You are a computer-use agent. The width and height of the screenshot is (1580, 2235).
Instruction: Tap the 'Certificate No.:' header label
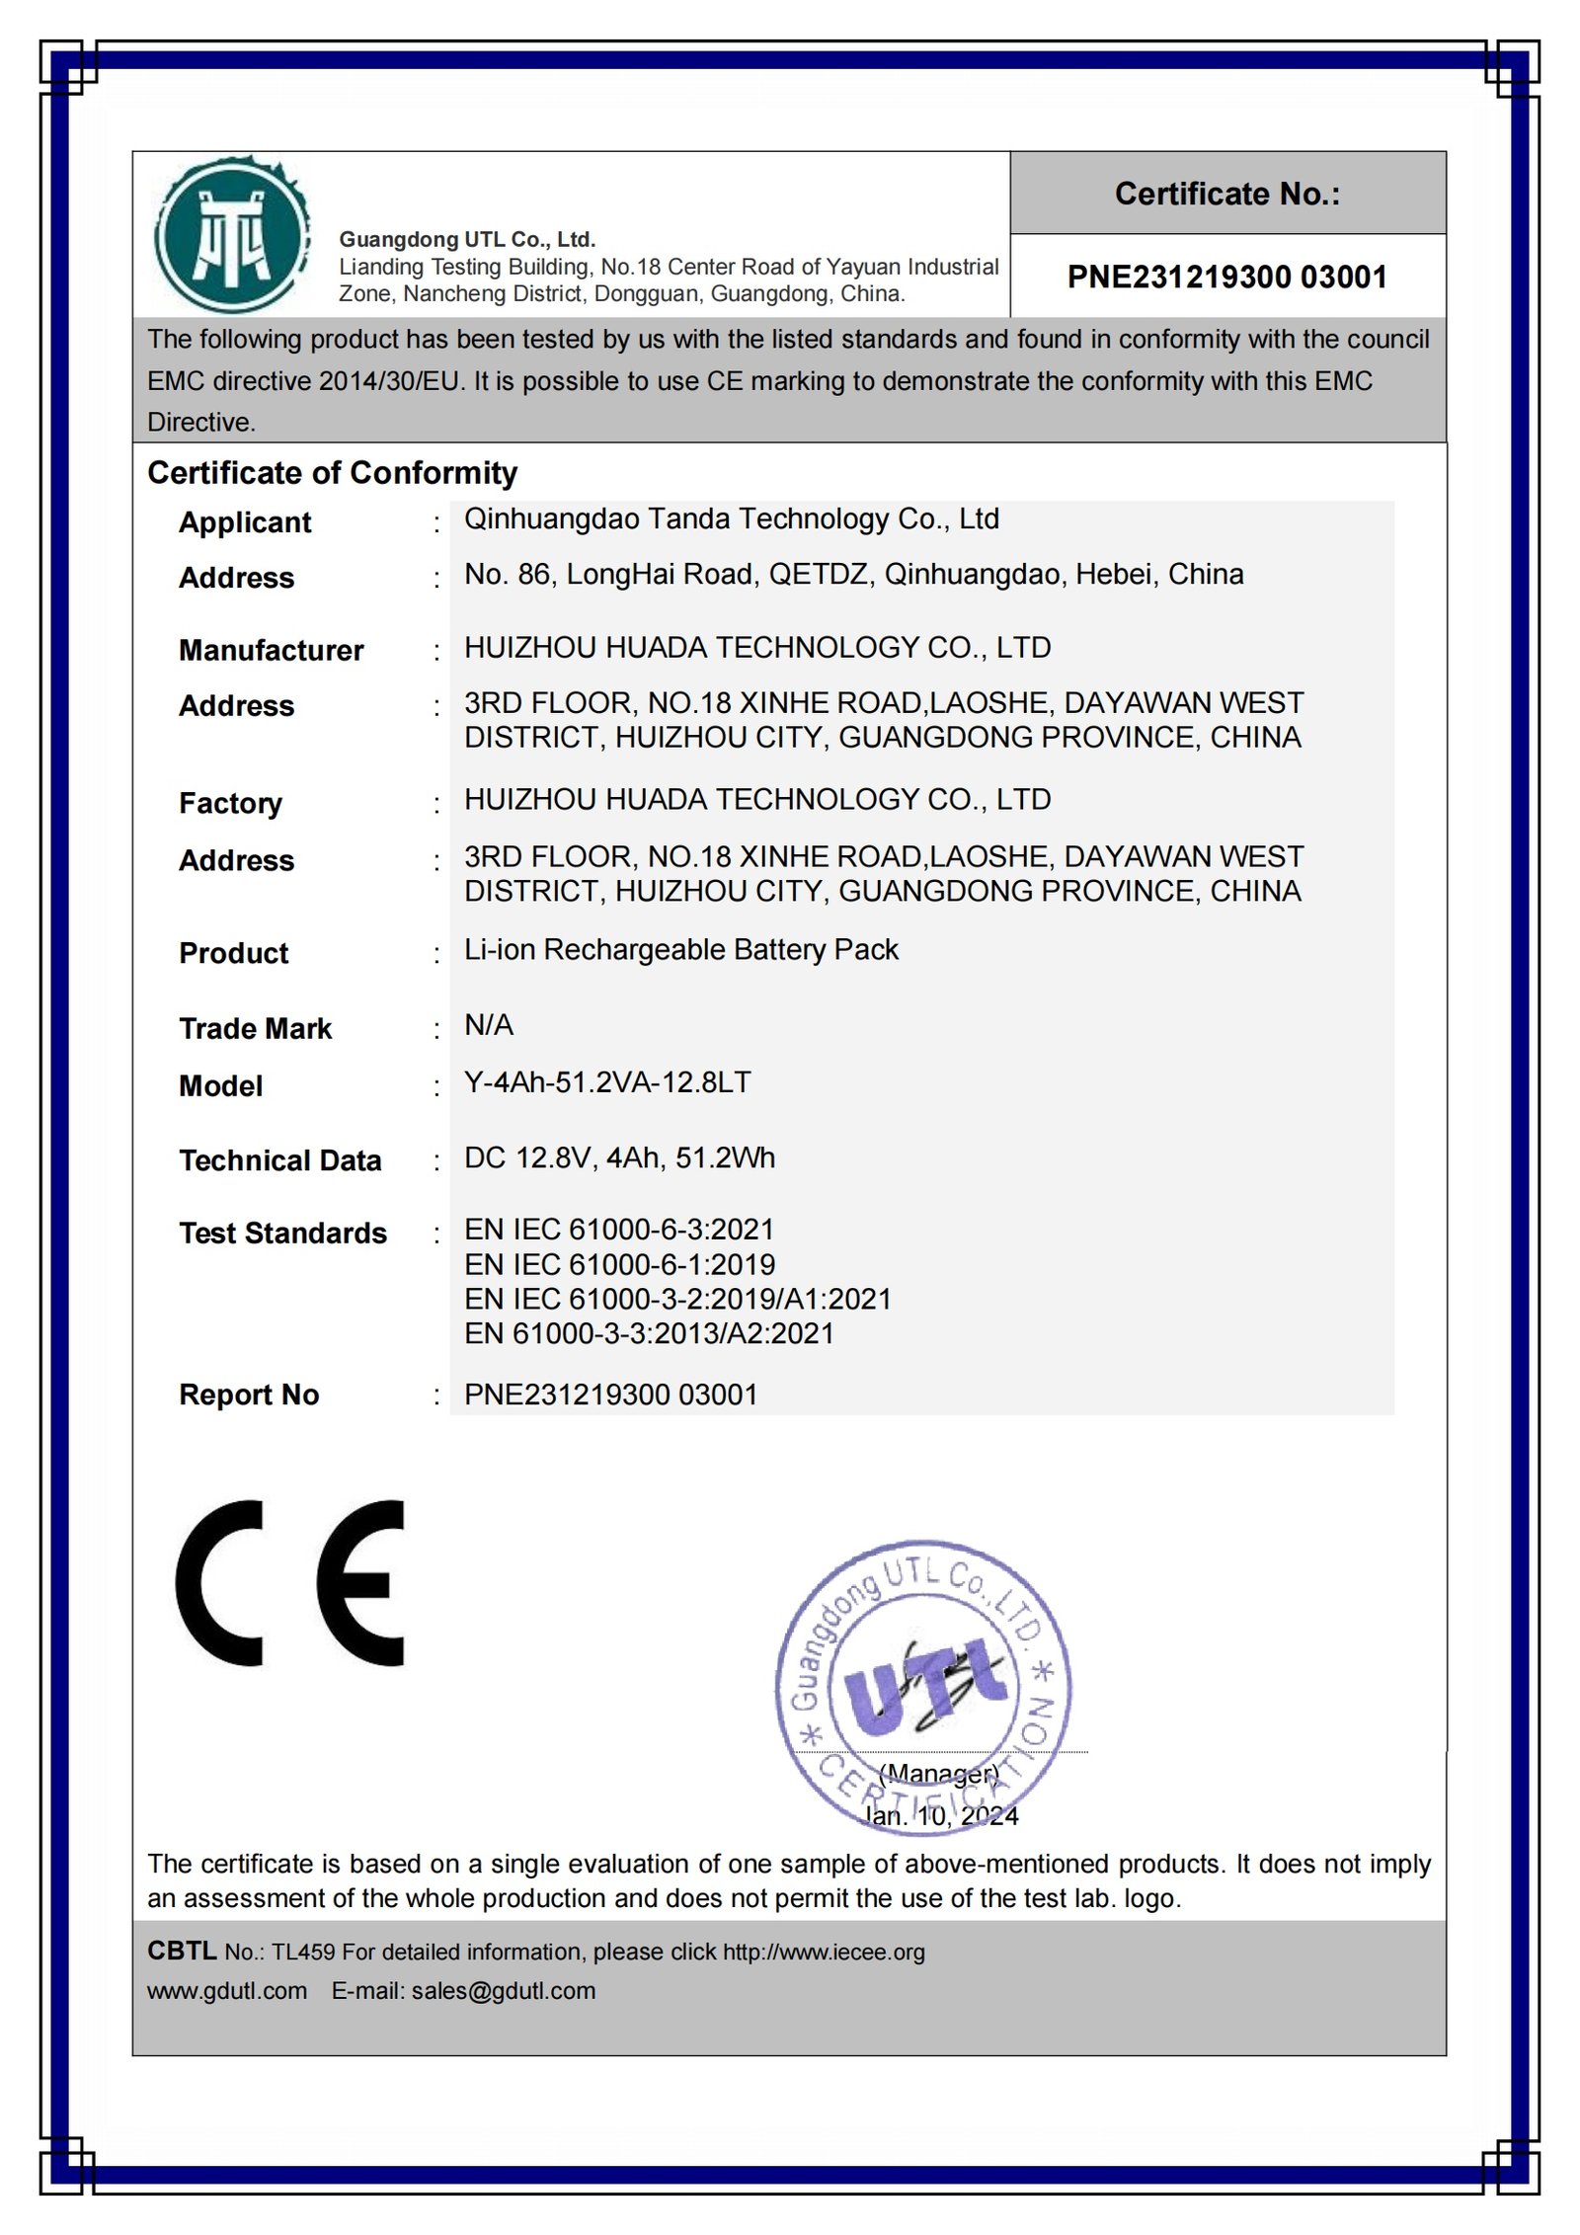click(x=1226, y=195)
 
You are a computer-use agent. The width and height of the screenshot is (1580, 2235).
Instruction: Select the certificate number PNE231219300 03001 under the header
click(x=1226, y=278)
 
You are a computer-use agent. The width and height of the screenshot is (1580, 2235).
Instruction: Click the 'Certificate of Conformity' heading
click(x=332, y=473)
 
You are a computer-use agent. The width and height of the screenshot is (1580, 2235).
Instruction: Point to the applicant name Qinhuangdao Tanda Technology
click(x=731, y=519)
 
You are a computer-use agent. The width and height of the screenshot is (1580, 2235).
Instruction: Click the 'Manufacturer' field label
click(x=271, y=651)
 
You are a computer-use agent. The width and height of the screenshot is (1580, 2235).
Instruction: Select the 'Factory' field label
click(x=230, y=803)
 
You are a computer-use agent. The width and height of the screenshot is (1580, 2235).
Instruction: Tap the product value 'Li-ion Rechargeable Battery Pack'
click(x=681, y=950)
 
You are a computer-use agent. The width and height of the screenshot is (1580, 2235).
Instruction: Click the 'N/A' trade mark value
click(x=489, y=1025)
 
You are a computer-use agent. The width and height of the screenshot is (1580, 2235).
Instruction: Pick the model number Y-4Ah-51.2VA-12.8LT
click(x=607, y=1082)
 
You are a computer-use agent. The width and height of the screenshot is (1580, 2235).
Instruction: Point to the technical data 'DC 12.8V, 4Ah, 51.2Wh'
click(x=619, y=1157)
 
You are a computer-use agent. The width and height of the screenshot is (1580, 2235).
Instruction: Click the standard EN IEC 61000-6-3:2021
click(x=619, y=1230)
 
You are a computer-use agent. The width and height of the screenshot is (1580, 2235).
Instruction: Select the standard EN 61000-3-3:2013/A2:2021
click(x=649, y=1334)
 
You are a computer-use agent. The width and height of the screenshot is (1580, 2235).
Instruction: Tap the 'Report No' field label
click(x=249, y=1395)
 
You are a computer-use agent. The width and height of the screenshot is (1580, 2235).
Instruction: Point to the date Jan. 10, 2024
click(x=941, y=1816)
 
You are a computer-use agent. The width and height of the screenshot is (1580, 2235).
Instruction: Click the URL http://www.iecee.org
click(x=824, y=1953)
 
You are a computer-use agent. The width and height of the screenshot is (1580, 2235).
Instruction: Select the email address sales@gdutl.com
click(x=504, y=1991)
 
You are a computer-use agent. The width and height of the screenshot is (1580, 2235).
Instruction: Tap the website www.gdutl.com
click(x=227, y=1991)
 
